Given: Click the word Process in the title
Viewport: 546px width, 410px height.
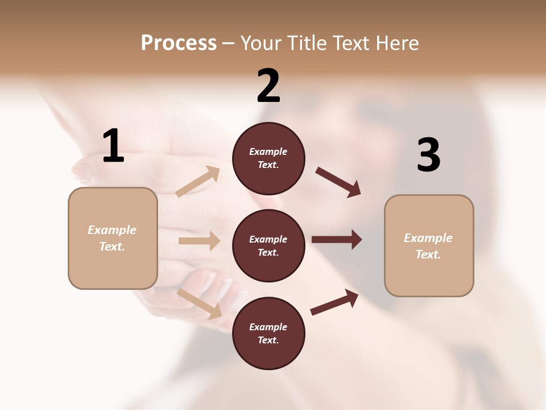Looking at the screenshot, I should point(179,43).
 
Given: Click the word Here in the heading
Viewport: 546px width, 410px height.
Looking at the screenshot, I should point(396,43).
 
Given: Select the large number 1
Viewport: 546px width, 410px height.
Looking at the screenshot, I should point(113,146).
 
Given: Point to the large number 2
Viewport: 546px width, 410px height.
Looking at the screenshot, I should point(268,86).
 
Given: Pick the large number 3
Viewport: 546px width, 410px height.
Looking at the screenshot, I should point(428,155).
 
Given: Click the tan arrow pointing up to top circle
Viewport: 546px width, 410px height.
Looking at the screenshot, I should point(198,182).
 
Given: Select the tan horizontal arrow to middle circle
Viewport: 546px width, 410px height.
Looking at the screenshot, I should point(199,241).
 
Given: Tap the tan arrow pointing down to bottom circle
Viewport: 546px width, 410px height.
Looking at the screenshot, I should point(200,303).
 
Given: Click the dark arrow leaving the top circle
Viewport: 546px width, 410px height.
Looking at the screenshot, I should point(338,182).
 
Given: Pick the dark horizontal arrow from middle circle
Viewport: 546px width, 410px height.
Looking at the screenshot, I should point(337,240).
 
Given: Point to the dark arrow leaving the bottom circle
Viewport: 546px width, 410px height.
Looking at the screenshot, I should point(334,302).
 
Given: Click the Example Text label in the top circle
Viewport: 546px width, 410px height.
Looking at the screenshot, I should point(268,158).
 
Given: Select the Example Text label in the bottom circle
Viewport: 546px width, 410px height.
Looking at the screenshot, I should point(268,334).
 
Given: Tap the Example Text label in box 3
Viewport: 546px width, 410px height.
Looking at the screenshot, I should point(428,246).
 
